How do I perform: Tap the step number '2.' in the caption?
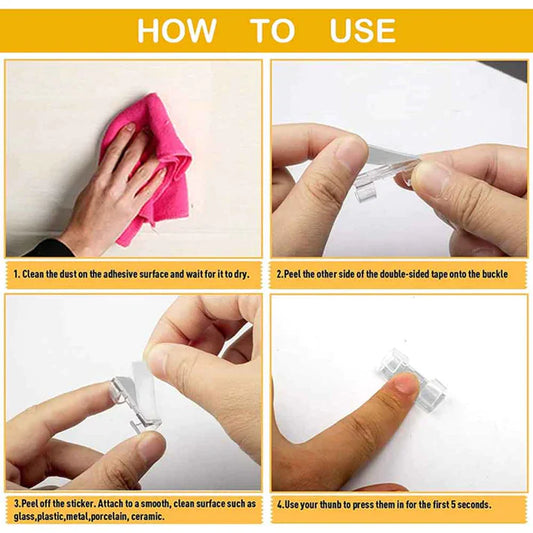[x=281, y=273]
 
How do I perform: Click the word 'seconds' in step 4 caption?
[x=501, y=504]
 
